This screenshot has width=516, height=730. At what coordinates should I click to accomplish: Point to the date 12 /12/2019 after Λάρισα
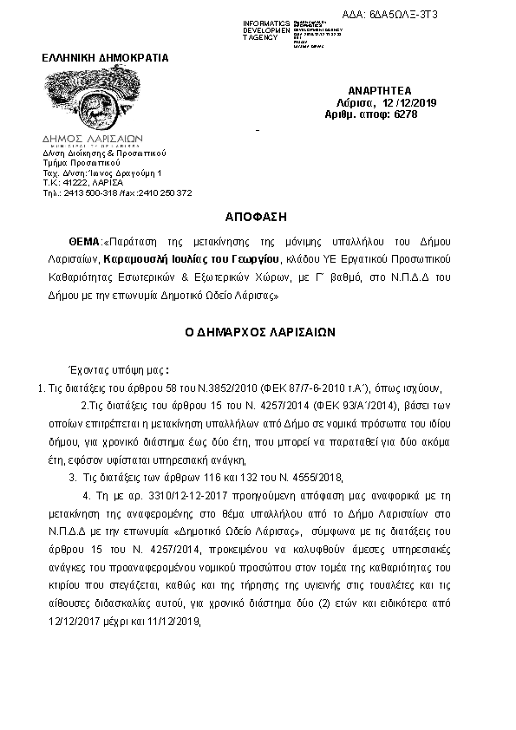pyautogui.click(x=409, y=102)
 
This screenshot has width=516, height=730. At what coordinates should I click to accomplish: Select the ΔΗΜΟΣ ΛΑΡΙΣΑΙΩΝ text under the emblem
pyautogui.click(x=93, y=138)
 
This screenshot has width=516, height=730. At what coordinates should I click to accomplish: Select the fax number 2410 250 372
pyautogui.click(x=164, y=193)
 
